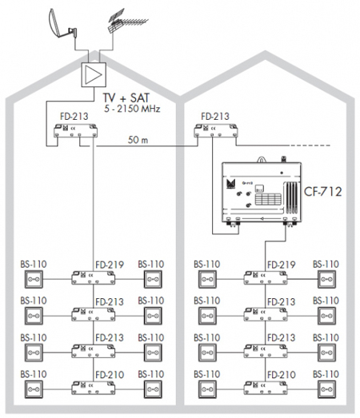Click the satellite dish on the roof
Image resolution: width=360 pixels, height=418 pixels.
(62, 25)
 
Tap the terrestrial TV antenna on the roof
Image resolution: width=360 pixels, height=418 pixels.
(126, 22)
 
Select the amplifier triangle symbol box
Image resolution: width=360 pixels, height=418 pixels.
(94, 74)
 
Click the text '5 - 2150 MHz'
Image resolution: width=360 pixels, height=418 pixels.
(132, 109)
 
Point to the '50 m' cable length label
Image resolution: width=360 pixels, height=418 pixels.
(138, 140)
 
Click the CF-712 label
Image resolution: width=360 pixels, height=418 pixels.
(323, 192)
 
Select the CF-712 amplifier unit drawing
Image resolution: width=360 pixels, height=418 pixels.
(262, 192)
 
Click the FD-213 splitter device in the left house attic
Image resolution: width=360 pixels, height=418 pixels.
(75, 130)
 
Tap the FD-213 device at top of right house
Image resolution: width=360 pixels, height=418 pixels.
(216, 130)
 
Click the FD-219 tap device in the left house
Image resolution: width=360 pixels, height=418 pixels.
(93, 278)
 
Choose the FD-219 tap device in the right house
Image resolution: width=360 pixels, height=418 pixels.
(266, 278)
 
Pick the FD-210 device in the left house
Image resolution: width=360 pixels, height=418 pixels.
(93, 388)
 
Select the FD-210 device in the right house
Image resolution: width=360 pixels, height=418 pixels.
(266, 388)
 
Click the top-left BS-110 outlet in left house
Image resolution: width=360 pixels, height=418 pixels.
(34, 279)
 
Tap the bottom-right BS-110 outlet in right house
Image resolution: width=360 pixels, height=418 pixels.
(326, 389)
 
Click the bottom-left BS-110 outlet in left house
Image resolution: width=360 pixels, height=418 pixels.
(34, 389)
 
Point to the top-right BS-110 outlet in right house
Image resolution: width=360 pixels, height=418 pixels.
(326, 279)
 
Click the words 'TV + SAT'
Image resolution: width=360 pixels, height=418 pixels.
(126, 98)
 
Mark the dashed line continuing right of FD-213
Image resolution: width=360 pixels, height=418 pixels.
(310, 145)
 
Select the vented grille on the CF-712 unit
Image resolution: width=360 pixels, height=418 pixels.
(292, 197)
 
